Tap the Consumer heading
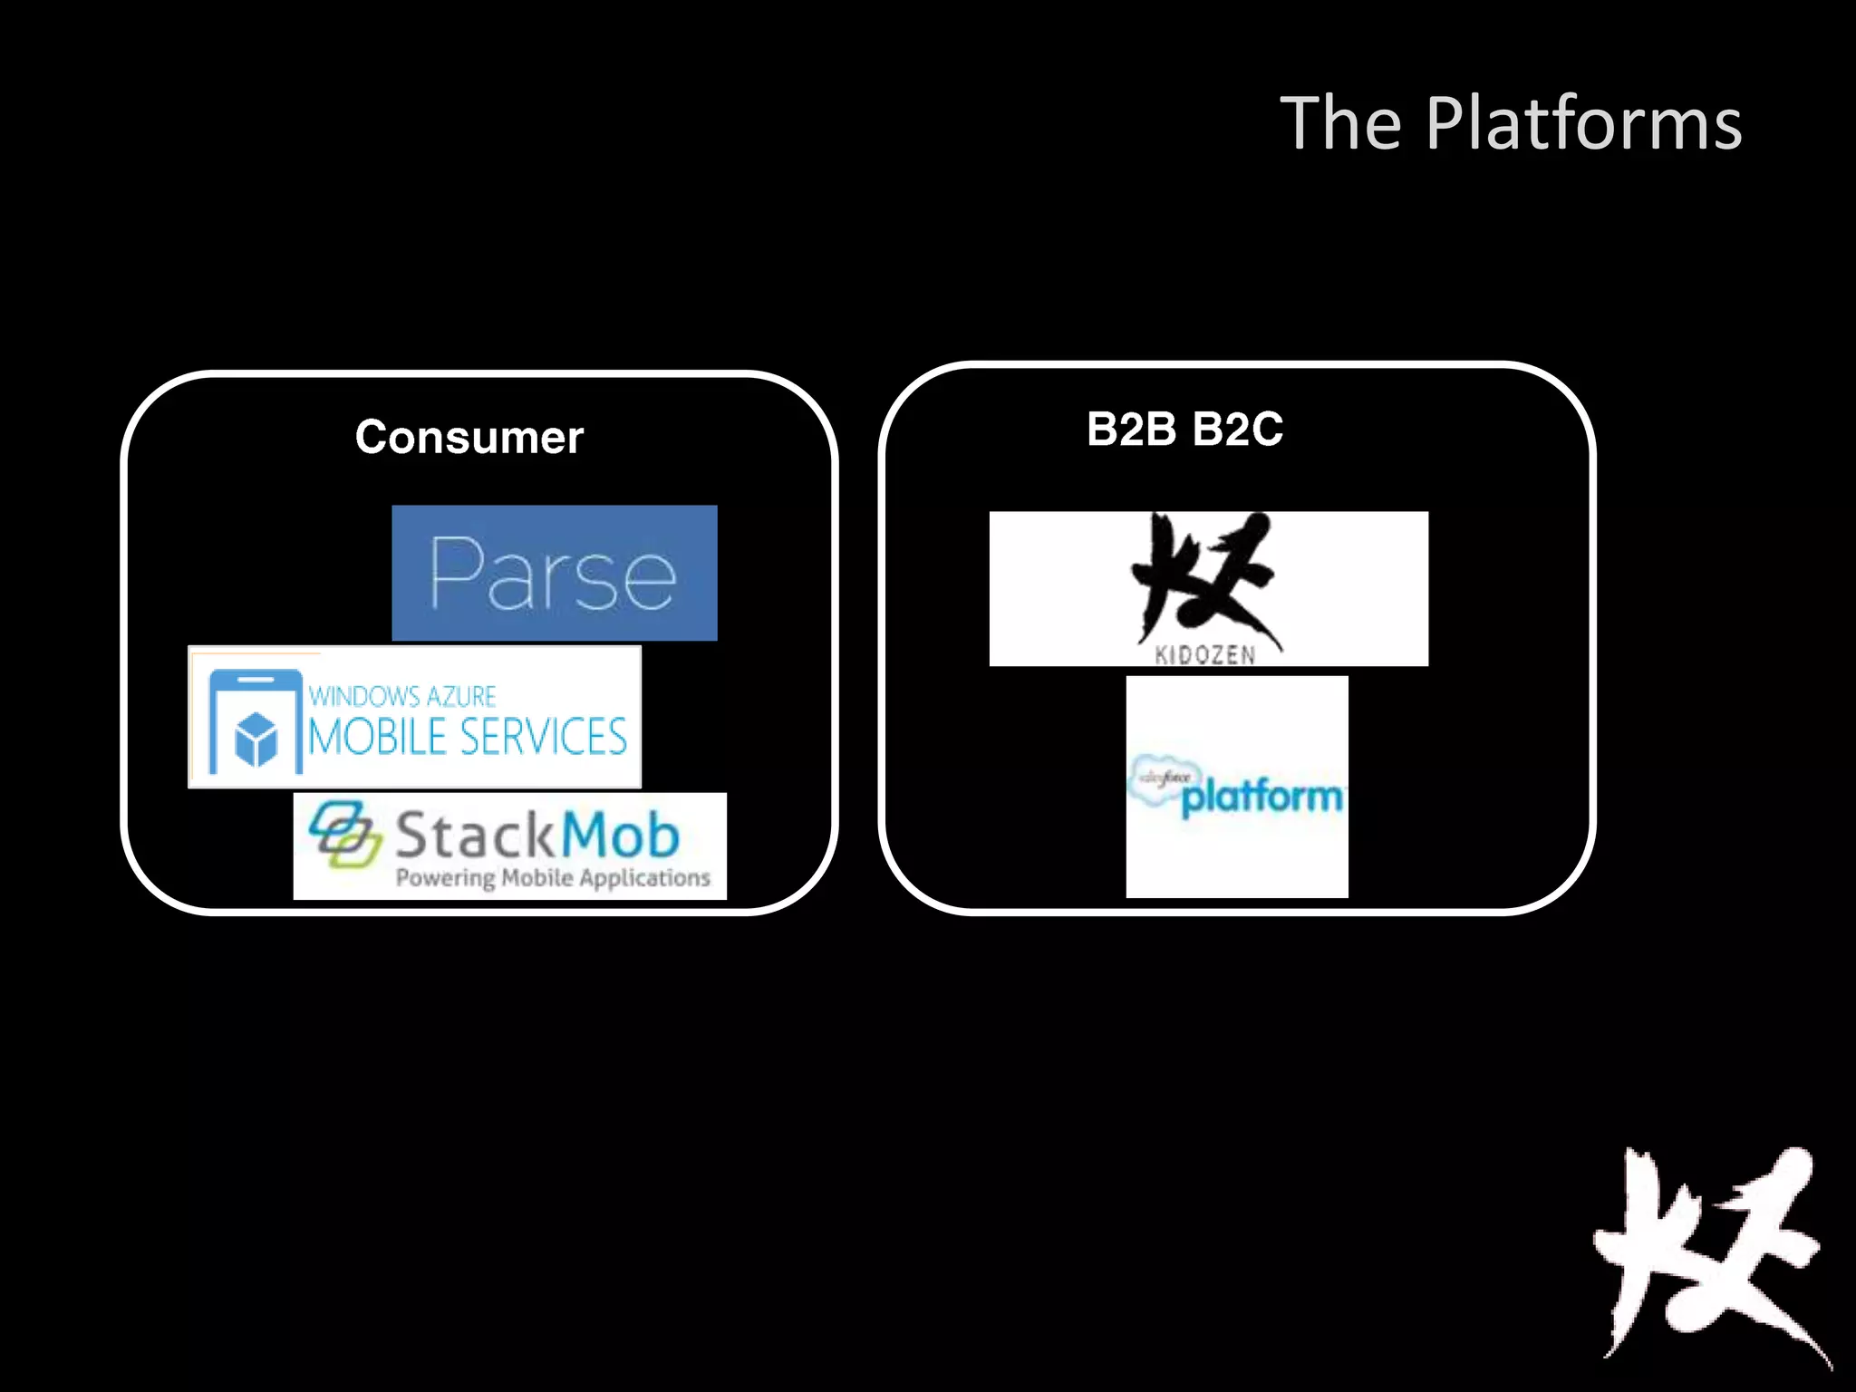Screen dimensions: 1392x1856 point(469,438)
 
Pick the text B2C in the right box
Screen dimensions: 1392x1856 point(1237,429)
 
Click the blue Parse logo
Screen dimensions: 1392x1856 point(554,573)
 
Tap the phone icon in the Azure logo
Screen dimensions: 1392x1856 point(255,720)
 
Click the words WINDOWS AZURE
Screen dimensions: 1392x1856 point(402,696)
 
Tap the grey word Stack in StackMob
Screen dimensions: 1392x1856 point(475,836)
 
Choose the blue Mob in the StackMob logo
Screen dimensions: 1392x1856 point(620,836)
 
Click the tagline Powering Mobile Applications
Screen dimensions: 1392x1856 point(553,877)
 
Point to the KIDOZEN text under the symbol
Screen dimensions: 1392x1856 point(1205,654)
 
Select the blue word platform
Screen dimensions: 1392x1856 point(1261,797)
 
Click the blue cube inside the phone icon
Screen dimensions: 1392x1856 point(256,738)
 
